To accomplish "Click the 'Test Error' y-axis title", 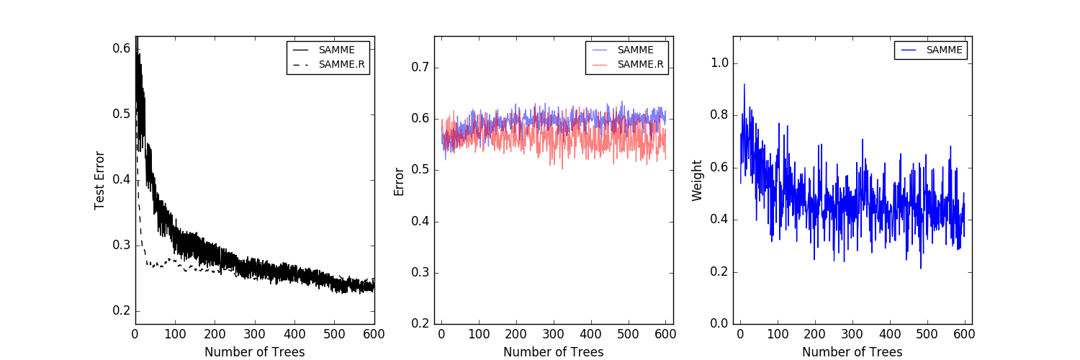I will click(x=100, y=180).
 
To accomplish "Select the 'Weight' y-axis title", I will click(x=697, y=180).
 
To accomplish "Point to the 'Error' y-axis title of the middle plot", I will click(x=399, y=181).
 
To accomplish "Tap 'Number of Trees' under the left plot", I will click(x=254, y=352).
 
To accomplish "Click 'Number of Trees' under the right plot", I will click(x=852, y=352).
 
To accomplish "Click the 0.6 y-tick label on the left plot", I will click(x=122, y=48).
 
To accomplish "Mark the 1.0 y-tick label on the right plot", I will click(x=719, y=63).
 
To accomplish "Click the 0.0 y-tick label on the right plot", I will click(x=719, y=324).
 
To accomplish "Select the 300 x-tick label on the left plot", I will click(x=254, y=334).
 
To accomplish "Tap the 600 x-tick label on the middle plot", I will click(x=665, y=334).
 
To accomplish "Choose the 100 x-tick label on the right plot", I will click(x=777, y=334).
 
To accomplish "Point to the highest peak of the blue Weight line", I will click(x=744, y=84).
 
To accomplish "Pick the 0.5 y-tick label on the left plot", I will click(x=122, y=114).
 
